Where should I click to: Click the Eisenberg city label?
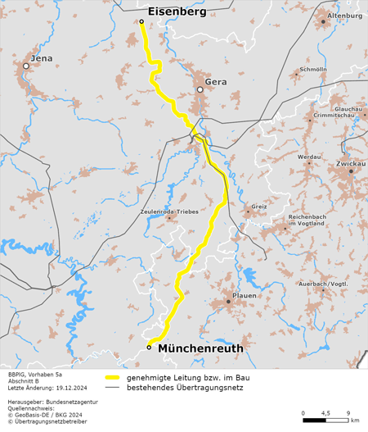coord(176,11)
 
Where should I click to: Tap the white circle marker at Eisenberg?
coord(141,21)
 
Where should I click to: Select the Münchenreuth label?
coord(200,348)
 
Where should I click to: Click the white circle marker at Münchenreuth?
coord(149,347)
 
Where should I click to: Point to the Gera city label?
coord(216,82)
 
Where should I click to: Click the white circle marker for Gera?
coord(200,89)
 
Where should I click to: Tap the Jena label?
coord(41,58)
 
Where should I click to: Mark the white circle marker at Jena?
coord(36,66)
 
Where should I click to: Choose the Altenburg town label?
coord(343,16)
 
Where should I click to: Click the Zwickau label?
coord(350,164)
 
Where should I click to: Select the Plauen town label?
coord(245,295)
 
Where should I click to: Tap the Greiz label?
coord(259,207)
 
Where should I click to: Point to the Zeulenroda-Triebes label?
coord(169,211)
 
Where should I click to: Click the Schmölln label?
coord(313,70)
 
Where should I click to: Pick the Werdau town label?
coord(309,156)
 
